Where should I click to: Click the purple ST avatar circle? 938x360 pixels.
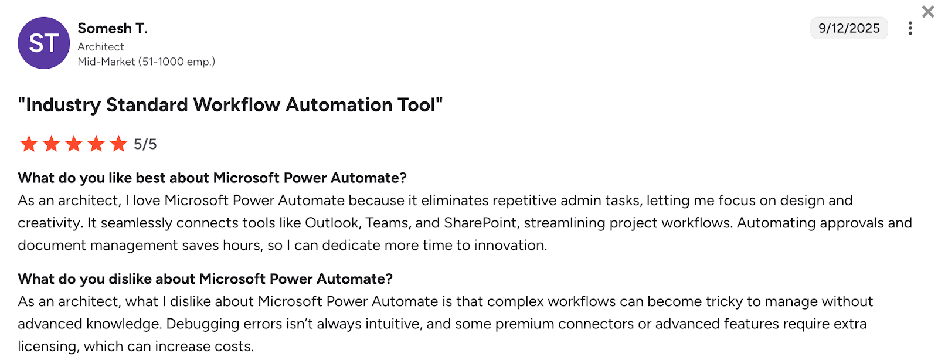pyautogui.click(x=44, y=43)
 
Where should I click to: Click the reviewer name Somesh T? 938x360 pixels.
pyautogui.click(x=113, y=28)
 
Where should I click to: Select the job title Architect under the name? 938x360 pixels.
pyautogui.click(x=101, y=47)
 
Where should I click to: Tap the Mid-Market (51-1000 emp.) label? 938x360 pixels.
pyautogui.click(x=147, y=62)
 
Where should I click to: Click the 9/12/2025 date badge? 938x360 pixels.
pyautogui.click(x=849, y=28)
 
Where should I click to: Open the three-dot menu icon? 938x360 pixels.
pyautogui.click(x=910, y=28)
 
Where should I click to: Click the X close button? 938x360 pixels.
pyautogui.click(x=928, y=12)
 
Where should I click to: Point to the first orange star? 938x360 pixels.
pyautogui.click(x=29, y=144)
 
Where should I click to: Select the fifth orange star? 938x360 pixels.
pyautogui.click(x=118, y=144)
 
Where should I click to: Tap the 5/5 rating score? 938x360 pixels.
pyautogui.click(x=145, y=144)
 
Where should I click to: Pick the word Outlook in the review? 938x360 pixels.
pyautogui.click(x=332, y=223)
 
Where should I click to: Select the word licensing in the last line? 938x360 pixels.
pyautogui.click(x=47, y=347)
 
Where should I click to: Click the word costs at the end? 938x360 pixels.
pyautogui.click(x=234, y=347)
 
